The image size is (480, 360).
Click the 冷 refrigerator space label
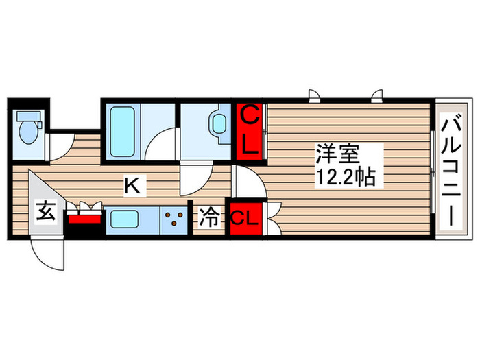click(208, 219)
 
